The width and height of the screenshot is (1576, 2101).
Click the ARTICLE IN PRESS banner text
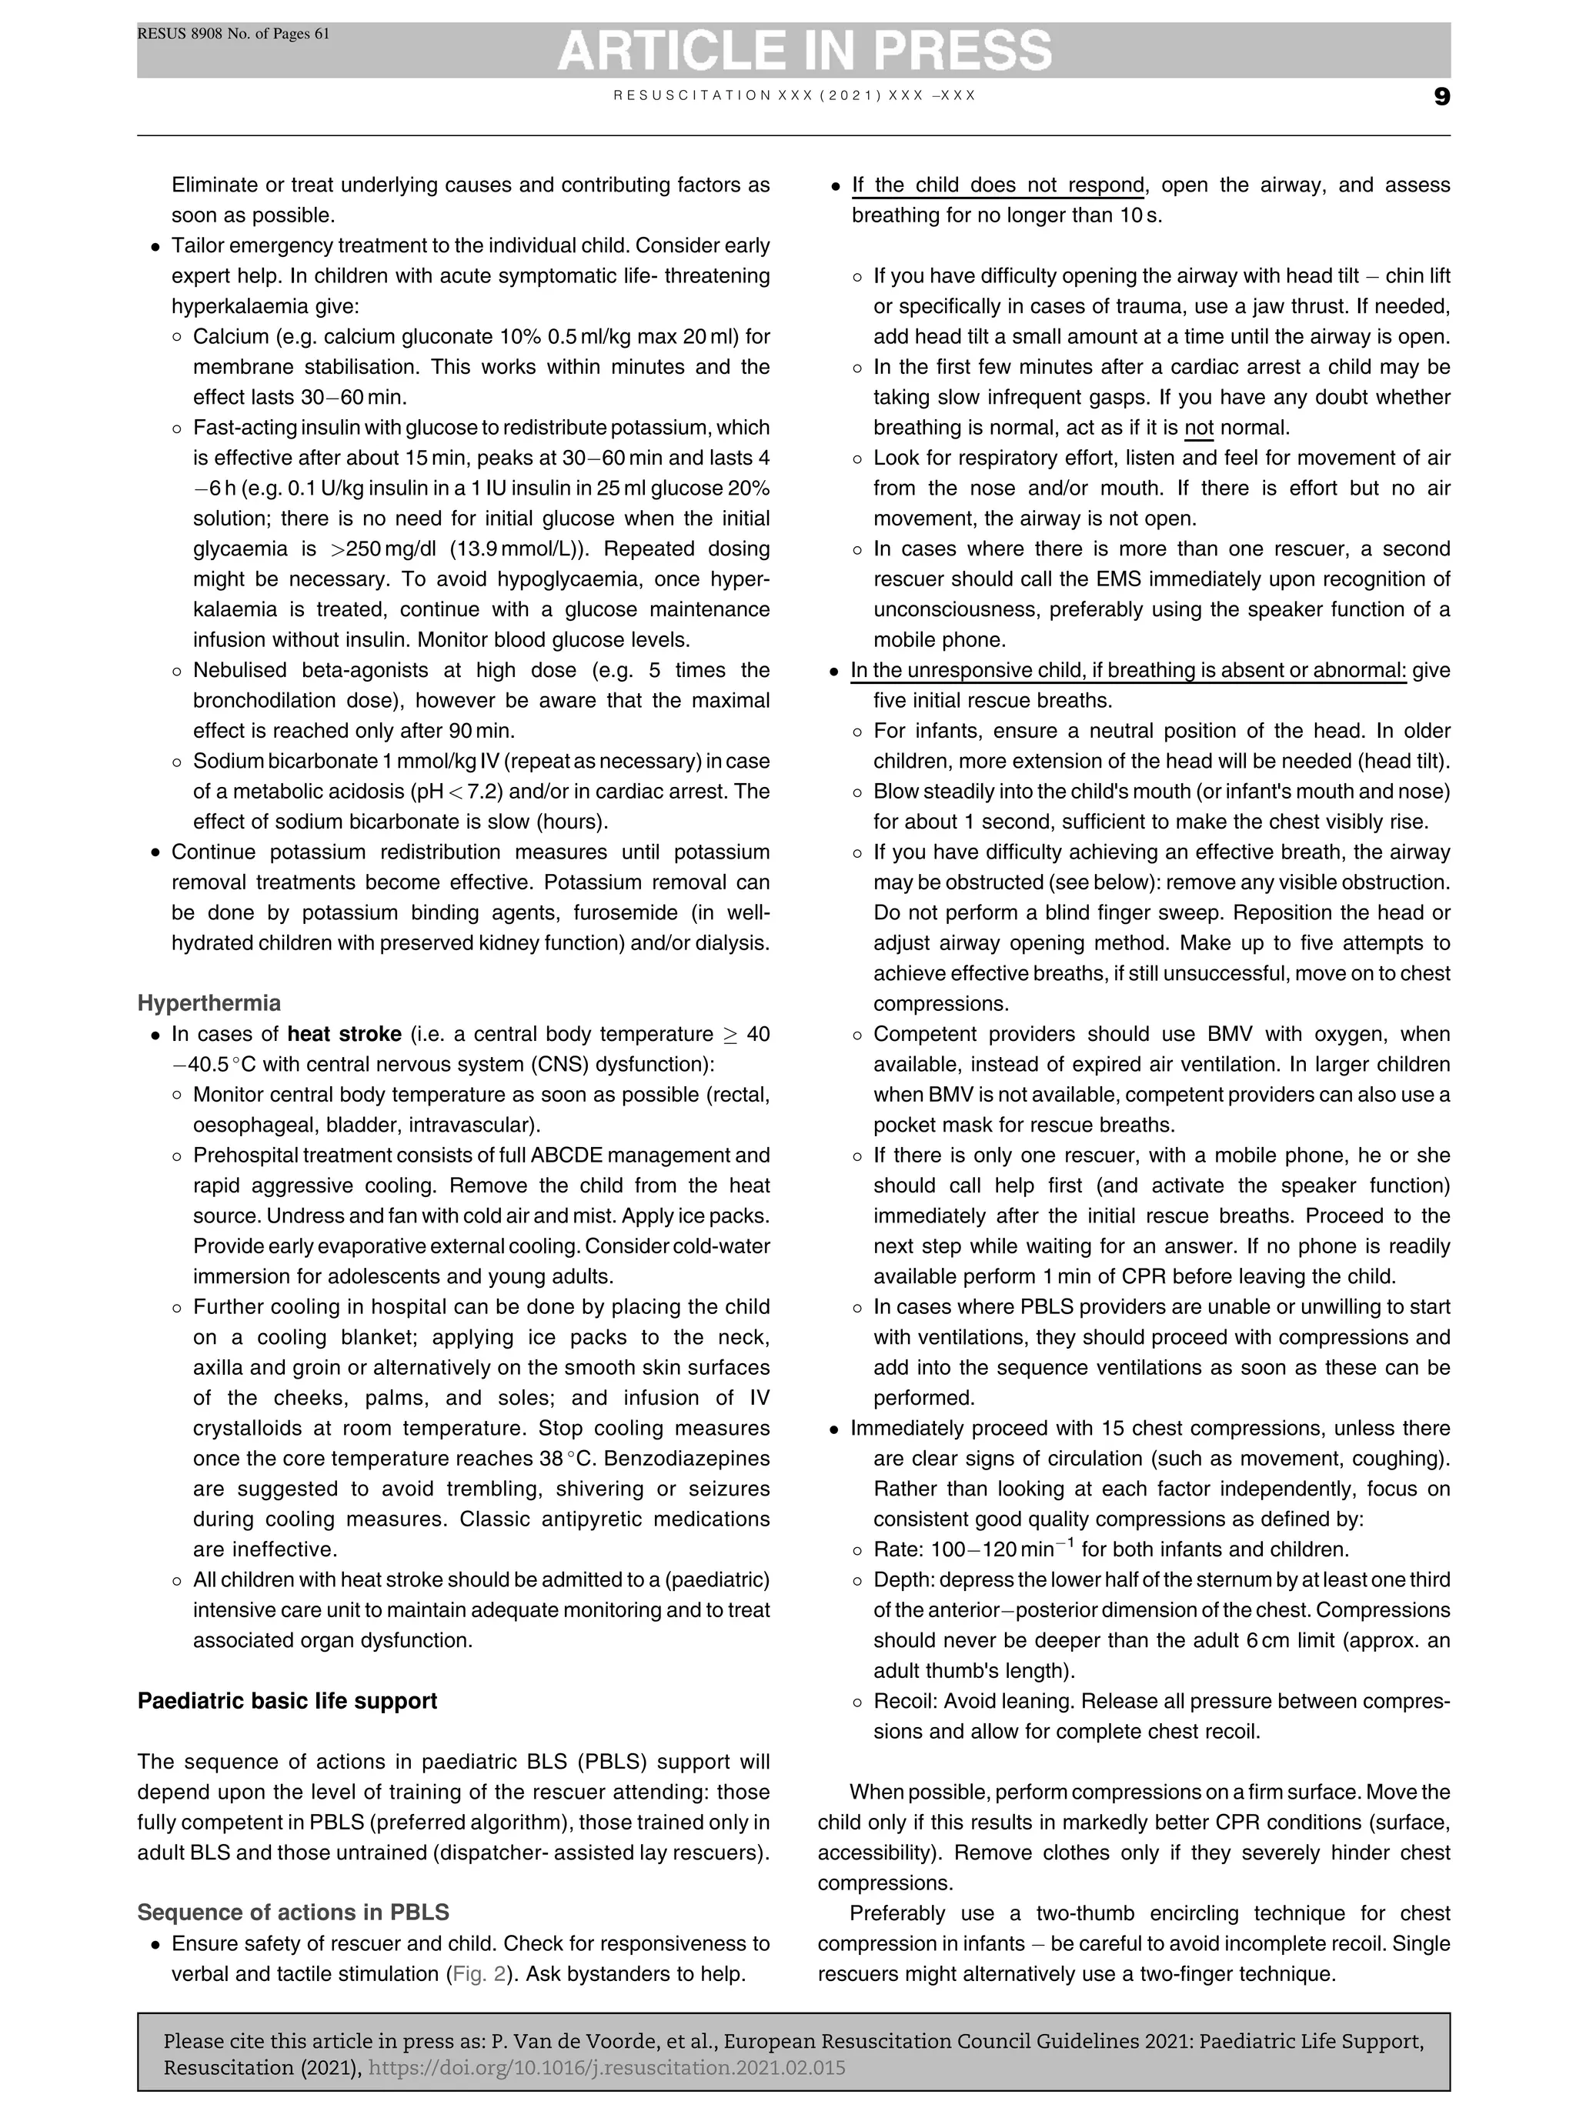803,50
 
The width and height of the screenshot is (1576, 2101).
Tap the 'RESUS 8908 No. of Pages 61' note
234,34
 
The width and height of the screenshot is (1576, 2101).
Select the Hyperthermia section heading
209,1003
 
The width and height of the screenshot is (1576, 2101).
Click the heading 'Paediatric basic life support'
287,1700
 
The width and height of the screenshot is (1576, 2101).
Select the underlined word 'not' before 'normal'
1199,428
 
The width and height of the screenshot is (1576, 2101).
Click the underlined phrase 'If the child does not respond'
997,185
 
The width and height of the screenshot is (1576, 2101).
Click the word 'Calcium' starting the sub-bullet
225,336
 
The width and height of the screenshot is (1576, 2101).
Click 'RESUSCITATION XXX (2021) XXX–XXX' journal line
794,96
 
